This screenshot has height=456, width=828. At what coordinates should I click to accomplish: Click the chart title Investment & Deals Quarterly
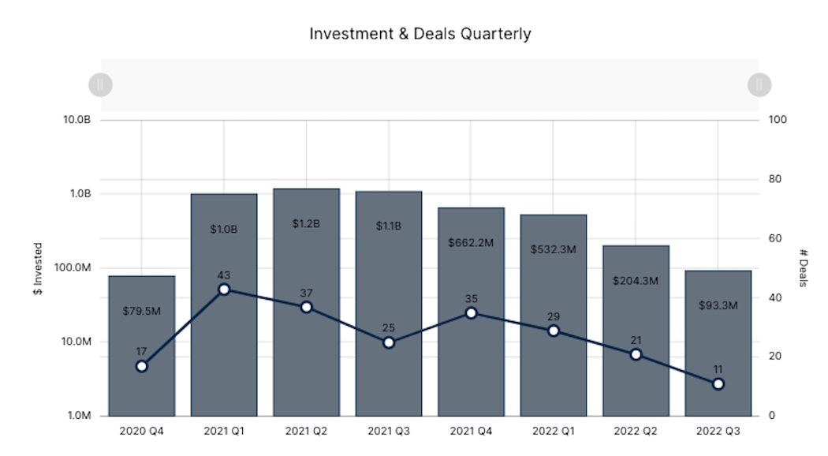(420, 34)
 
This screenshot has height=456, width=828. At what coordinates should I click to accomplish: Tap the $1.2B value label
(306, 224)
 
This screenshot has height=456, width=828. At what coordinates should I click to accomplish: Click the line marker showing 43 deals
(224, 290)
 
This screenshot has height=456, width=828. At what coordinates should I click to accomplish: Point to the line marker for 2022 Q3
(718, 384)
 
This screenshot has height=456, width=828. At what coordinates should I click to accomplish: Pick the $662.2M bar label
(471, 243)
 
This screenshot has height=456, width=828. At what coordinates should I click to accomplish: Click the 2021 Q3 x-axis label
(389, 432)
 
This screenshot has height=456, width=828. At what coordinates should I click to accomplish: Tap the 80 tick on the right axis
(775, 179)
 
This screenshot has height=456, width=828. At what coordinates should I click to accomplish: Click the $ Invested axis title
(38, 268)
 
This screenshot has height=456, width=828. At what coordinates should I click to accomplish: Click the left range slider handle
(100, 84)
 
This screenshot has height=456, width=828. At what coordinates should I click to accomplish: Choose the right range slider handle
(759, 84)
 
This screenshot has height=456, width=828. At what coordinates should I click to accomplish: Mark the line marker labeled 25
(389, 342)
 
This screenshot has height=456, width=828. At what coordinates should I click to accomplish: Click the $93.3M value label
(718, 305)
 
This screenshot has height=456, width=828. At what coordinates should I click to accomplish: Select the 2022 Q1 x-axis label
(554, 432)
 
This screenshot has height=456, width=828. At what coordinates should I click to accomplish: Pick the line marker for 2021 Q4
(471, 313)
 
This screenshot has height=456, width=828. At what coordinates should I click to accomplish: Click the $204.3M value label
(636, 280)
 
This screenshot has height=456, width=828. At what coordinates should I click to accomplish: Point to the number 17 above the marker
(142, 352)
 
